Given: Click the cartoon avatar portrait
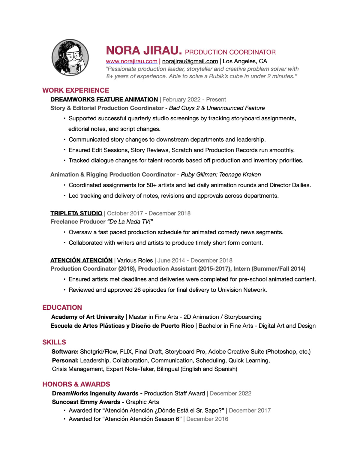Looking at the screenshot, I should tap(70, 57).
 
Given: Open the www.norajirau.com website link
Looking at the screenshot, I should tap(131, 61).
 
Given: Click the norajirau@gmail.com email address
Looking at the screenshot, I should tap(190, 61).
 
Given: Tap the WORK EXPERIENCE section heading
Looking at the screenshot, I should tap(76, 90).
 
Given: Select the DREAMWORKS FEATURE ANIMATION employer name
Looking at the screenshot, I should tap(104, 99).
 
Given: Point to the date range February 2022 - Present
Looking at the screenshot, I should tap(194, 99).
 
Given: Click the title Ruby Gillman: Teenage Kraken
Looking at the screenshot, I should tap(221, 174).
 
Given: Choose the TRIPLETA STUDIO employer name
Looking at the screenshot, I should tap(76, 213).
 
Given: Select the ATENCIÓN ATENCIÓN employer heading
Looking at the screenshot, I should tap(81, 260).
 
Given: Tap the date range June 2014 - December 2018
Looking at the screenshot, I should tap(195, 260).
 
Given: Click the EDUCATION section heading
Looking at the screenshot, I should tap(62, 307).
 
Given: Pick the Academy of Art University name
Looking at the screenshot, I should tap(88, 317).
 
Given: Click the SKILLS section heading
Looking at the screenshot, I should tap(54, 342).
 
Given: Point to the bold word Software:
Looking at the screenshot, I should tap(65, 351).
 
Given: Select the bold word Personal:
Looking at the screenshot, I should tap(65, 360).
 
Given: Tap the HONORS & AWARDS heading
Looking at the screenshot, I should tap(76, 384).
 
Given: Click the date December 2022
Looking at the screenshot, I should tap(230, 393).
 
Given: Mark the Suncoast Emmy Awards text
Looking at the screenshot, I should tap(86, 402).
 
